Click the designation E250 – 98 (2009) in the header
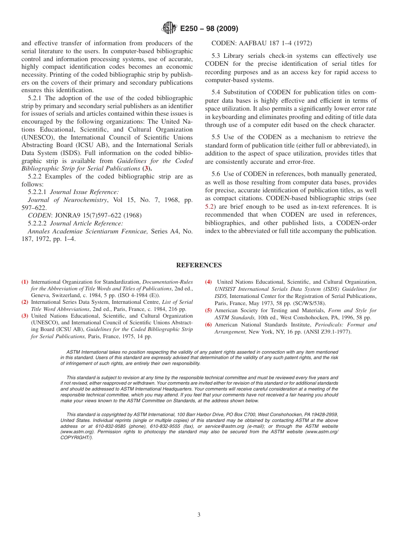209,29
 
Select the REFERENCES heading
199,265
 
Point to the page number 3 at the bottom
199,515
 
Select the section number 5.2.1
35,98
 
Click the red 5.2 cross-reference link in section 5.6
210,207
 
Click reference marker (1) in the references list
25,282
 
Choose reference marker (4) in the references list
209,282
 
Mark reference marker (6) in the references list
209,325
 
